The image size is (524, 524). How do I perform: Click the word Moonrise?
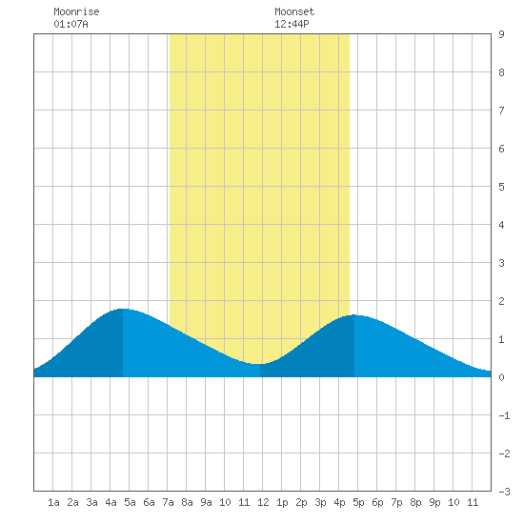76,11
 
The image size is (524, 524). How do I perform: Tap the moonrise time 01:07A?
71,24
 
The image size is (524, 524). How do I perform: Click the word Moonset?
294,11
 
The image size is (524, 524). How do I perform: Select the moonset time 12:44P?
292,24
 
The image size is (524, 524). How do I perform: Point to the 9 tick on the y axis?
501,34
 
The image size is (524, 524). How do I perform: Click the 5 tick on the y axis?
501,187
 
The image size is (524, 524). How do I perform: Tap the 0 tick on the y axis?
501,377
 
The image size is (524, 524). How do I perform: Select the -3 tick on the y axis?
504,492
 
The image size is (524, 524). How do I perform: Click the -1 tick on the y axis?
504,415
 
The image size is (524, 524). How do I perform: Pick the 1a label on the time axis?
53,502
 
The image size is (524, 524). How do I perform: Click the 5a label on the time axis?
130,502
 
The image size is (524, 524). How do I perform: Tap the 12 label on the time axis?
263,502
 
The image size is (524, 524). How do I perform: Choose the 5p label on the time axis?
358,502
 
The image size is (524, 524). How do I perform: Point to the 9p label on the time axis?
434,502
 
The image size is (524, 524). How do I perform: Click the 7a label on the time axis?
168,502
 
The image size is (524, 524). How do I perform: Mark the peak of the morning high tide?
123,309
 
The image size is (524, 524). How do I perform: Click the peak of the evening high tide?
354,315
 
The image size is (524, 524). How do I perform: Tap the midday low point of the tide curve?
260,364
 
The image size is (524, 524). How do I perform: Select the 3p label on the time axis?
320,502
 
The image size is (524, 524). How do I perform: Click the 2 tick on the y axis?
501,301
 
